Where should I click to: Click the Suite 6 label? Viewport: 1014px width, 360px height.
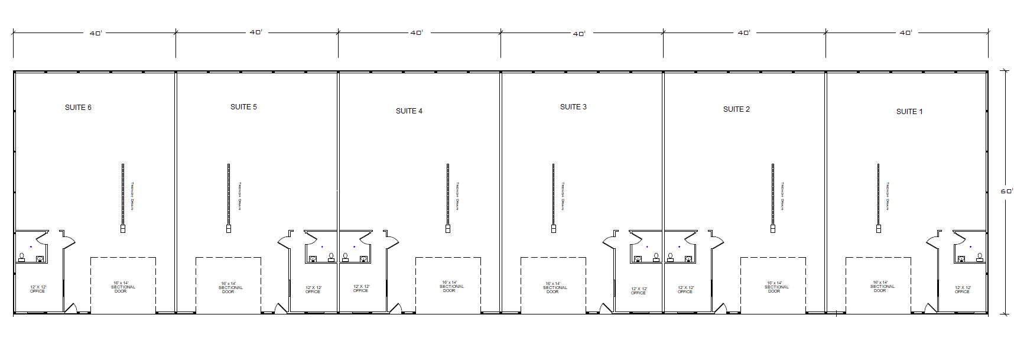click(78, 108)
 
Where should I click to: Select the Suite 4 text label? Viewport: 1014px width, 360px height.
click(409, 111)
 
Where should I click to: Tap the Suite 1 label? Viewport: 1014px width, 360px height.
click(909, 112)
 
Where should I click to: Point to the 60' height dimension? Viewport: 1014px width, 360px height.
click(1006, 191)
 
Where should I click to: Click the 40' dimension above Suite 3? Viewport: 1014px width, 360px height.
click(578, 34)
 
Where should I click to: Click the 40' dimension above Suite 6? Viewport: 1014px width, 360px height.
click(96, 33)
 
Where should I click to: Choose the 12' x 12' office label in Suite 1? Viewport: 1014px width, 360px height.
click(963, 290)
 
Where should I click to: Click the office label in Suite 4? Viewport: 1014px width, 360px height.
click(361, 288)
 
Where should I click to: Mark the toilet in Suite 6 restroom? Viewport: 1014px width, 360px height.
click(22, 257)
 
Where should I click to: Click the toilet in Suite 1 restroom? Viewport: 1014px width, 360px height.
click(980, 257)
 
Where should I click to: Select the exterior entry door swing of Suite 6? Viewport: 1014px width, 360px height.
click(71, 308)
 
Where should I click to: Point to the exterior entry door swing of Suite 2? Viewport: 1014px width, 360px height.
click(720, 308)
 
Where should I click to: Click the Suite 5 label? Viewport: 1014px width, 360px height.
click(243, 107)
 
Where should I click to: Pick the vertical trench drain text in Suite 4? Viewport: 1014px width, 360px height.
click(457, 196)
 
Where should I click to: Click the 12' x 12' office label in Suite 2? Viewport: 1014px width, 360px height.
click(685, 290)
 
